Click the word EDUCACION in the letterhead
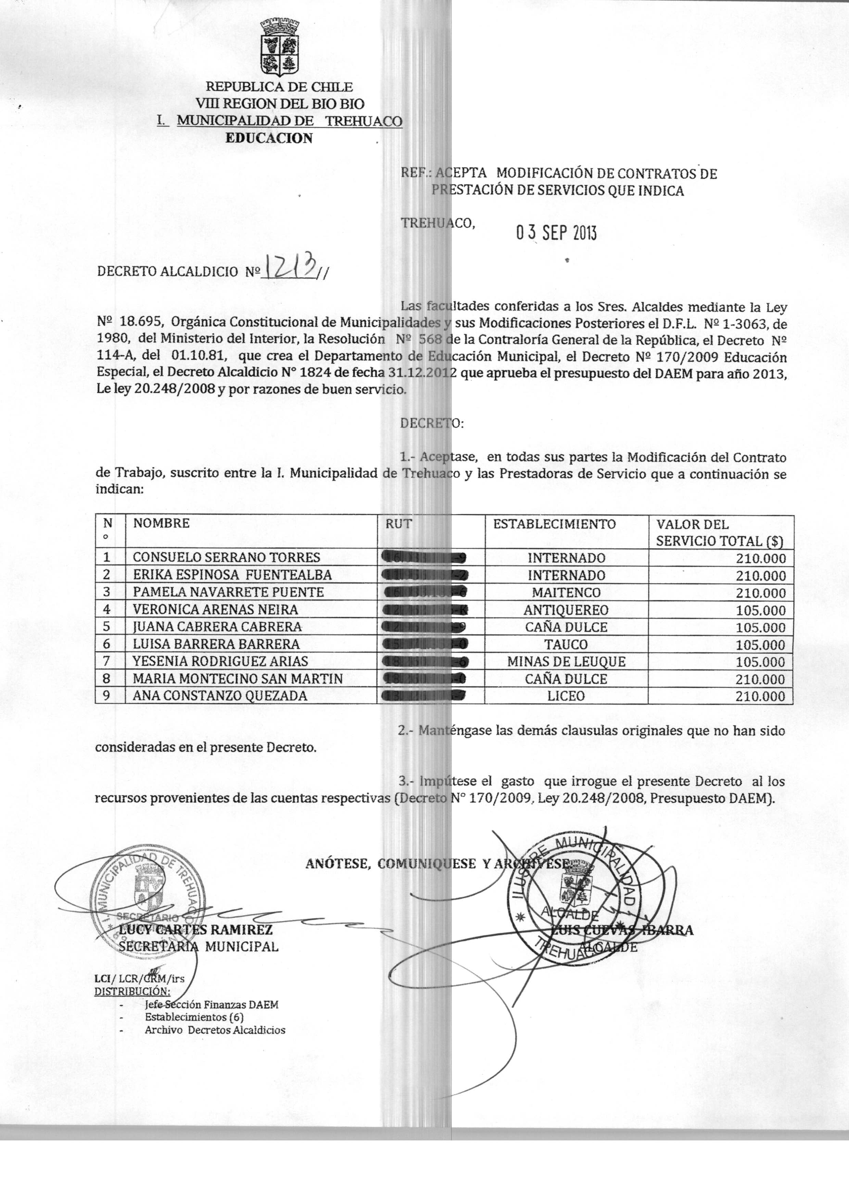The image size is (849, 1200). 269,139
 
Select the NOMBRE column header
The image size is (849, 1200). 161,523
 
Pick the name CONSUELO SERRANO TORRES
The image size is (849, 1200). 226,558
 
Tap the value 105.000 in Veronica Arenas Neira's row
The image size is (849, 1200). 761,611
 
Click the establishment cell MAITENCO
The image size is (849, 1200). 566,593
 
